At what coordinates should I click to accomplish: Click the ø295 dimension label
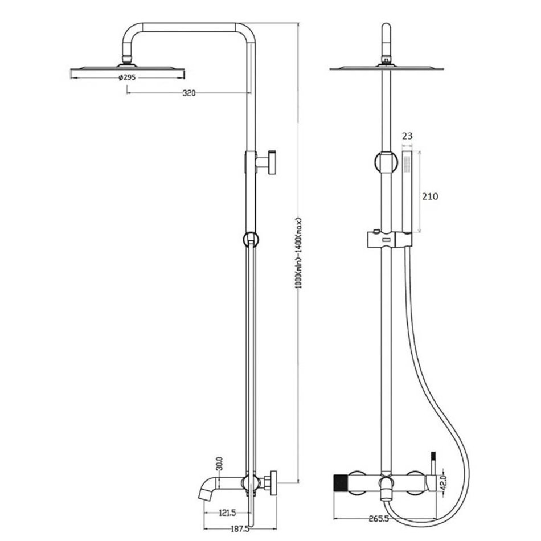[x=127, y=77]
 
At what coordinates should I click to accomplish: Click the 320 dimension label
[x=189, y=93]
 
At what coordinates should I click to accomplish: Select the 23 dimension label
[x=408, y=136]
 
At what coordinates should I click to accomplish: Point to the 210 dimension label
[x=431, y=196]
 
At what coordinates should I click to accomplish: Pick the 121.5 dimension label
[x=227, y=513]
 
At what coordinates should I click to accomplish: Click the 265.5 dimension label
[x=379, y=519]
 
